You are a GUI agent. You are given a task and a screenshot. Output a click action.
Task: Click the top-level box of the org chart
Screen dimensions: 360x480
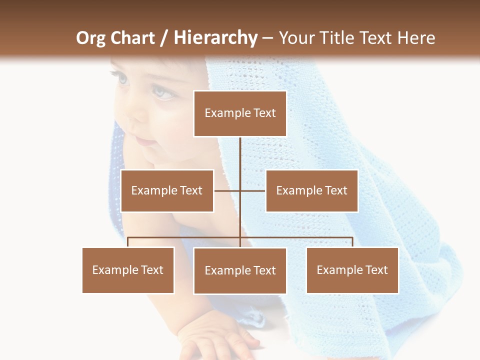pyautogui.click(x=240, y=113)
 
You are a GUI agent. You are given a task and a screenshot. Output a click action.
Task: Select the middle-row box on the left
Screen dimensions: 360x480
pyautogui.click(x=167, y=190)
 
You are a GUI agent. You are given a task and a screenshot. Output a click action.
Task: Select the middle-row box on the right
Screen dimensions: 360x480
pyautogui.click(x=311, y=190)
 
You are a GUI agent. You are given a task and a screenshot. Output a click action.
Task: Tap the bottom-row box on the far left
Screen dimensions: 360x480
pyautogui.click(x=128, y=270)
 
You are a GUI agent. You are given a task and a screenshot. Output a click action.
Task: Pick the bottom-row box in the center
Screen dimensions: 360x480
pyautogui.click(x=240, y=270)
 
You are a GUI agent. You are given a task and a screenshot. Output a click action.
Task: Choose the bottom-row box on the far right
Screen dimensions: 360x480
pyautogui.click(x=352, y=270)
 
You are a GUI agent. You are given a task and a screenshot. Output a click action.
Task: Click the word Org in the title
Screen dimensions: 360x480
pyautogui.click(x=90, y=38)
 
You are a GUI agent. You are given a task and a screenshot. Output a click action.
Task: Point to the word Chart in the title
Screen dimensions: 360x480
pyautogui.click(x=133, y=38)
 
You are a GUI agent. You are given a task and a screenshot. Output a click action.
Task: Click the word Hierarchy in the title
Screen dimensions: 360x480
pyautogui.click(x=215, y=38)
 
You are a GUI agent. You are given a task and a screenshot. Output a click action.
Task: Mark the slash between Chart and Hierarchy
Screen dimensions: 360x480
pyautogui.click(x=164, y=38)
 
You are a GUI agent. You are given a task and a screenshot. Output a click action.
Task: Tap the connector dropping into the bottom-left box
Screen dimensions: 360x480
pyautogui.click(x=128, y=242)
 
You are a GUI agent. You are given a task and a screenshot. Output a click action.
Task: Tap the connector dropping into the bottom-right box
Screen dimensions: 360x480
pyautogui.click(x=352, y=242)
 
